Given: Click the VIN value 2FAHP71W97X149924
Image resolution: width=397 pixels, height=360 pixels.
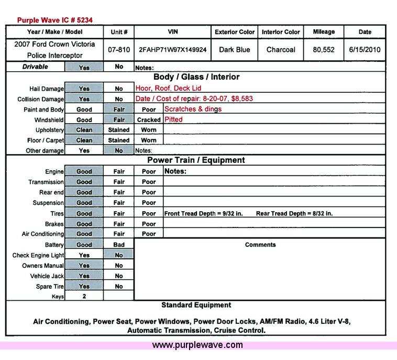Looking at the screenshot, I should tap(172, 50).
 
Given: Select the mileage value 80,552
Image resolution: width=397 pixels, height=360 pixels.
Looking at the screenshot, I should tap(324, 50).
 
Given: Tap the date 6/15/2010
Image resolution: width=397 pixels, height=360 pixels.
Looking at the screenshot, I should tap(365, 50).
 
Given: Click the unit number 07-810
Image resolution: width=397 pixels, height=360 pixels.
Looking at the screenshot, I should tap(119, 50).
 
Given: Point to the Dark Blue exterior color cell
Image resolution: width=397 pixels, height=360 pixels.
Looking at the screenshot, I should tap(235, 50).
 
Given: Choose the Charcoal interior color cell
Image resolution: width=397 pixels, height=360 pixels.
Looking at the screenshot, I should tap(281, 50).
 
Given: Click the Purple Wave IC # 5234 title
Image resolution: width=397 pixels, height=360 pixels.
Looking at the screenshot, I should tap(56, 20).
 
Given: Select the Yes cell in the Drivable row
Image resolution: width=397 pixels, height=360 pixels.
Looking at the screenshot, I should tap(84, 68).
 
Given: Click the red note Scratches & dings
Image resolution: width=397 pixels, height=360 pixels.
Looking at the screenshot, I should tap(193, 109).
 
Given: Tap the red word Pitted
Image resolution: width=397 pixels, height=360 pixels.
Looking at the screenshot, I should tap(173, 119).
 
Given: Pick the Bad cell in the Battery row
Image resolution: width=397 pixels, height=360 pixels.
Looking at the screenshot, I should tap(119, 245).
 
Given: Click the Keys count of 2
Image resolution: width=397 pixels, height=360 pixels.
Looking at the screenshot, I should tap(84, 296).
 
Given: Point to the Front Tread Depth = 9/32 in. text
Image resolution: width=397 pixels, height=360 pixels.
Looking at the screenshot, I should tap(204, 214).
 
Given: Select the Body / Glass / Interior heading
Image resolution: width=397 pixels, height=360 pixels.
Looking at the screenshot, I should tap(196, 77).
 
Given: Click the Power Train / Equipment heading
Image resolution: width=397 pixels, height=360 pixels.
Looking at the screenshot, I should tap(196, 160).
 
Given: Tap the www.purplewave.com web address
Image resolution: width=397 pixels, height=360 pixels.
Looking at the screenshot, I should tap(197, 345).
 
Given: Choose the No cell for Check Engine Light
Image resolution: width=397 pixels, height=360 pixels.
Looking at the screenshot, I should tap(119, 255).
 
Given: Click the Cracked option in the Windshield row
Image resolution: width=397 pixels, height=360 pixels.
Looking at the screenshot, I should tap(149, 120).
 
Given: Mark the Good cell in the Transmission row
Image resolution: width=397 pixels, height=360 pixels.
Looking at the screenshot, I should tap(84, 182).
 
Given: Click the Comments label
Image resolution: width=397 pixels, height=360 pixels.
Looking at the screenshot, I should tap(260, 245).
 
